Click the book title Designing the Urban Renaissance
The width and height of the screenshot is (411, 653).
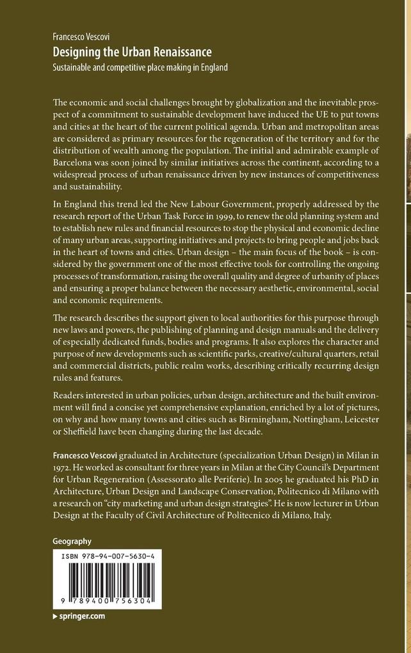point(132,52)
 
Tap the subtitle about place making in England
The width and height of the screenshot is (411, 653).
point(140,67)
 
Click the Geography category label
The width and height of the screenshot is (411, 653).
point(72,541)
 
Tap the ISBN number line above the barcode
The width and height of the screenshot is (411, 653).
point(108,557)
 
